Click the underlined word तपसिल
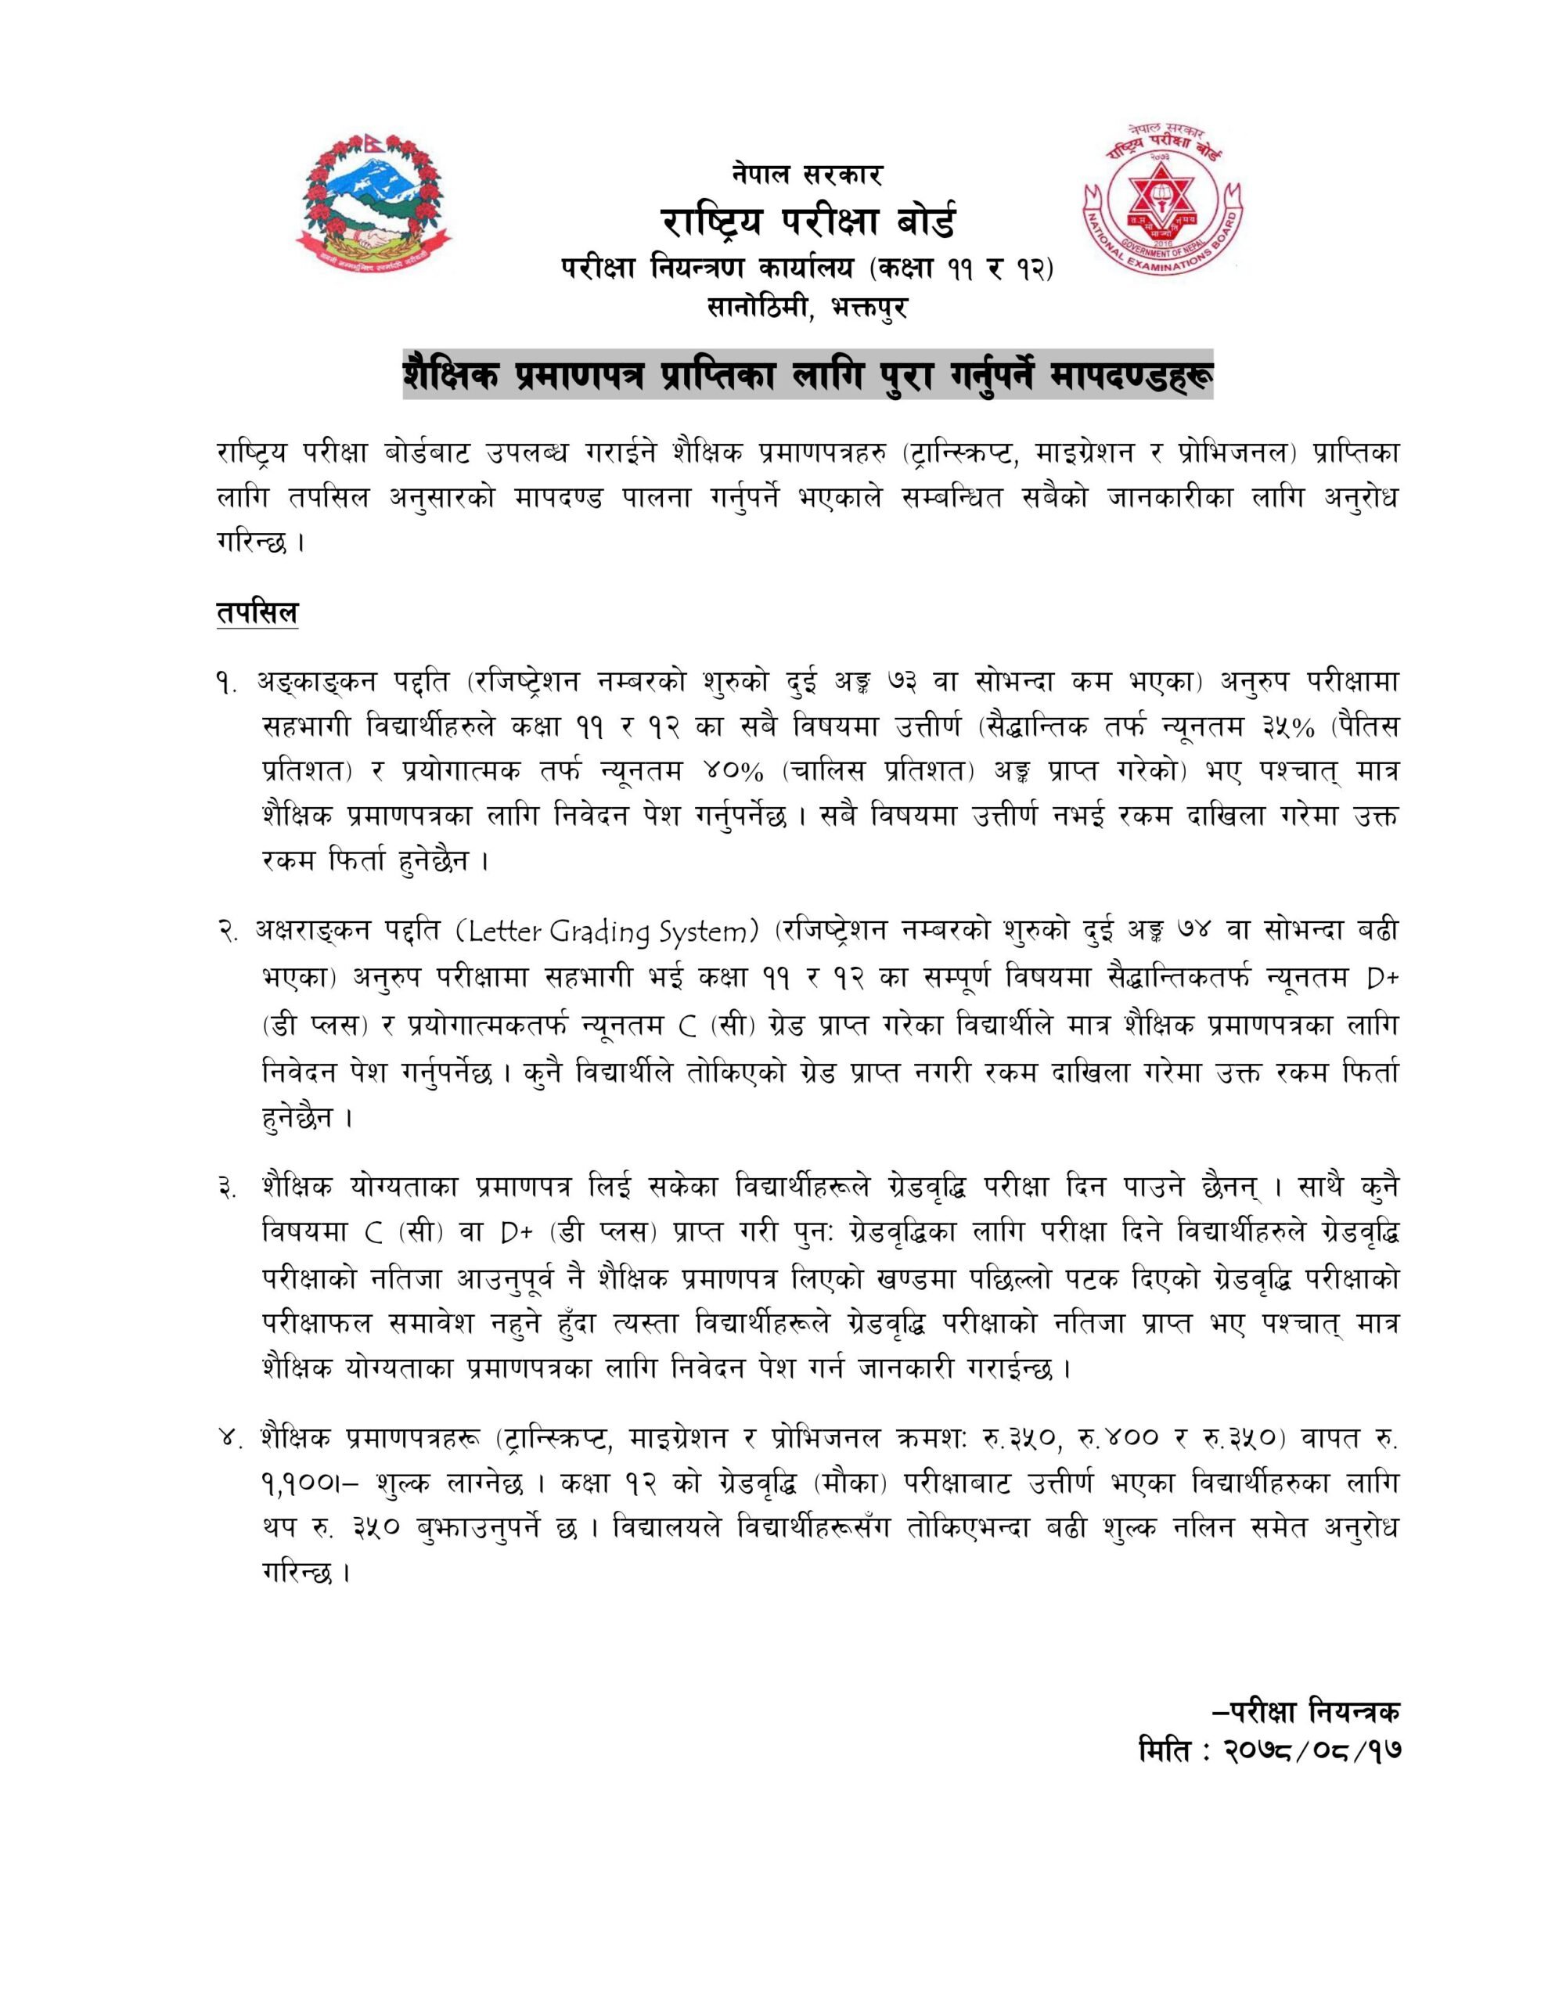[x=257, y=611]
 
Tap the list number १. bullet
[x=228, y=683]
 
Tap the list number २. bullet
[x=229, y=932]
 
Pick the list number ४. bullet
[x=229, y=1440]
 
